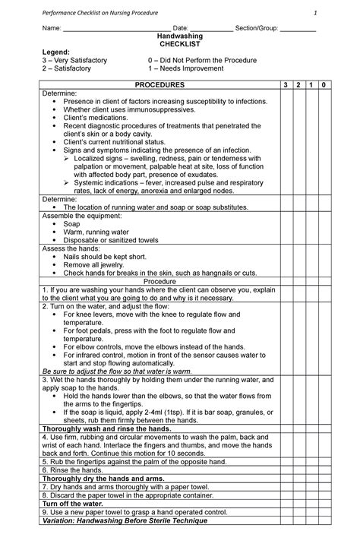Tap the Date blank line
pos(211,30)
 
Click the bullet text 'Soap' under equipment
pos(71,225)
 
